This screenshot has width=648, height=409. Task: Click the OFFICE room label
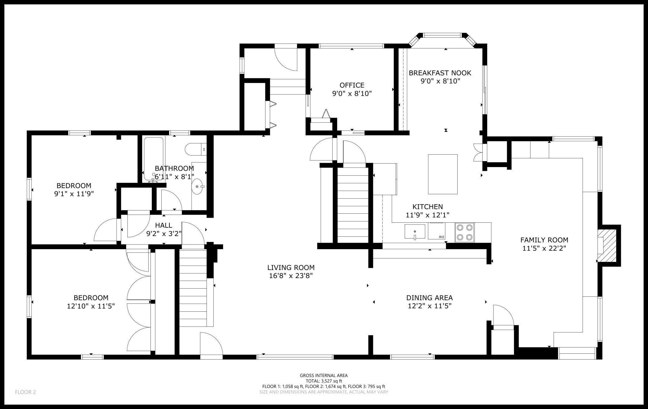pos(352,85)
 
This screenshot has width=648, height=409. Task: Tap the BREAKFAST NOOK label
pos(440,73)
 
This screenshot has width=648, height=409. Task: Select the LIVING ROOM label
pos(291,267)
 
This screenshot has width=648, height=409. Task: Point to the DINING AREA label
pos(430,298)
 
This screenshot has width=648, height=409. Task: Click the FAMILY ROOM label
pos(544,240)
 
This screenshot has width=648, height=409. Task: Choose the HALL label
pos(164,225)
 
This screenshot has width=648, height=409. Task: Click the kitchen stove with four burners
pos(465,232)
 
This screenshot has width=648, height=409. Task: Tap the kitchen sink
pos(415,232)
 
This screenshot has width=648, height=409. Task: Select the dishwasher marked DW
pos(437,231)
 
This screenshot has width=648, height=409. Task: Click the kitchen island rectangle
pos(443,174)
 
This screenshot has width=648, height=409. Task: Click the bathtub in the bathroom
pos(154,159)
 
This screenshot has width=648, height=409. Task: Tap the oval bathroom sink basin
pos(197,186)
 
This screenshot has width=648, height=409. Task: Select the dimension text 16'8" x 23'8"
pos(291,276)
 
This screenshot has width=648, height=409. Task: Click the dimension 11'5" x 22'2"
pos(544,248)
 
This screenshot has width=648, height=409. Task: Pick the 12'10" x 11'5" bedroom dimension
pos(91,306)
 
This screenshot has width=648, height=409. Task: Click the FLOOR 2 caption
pos(26,392)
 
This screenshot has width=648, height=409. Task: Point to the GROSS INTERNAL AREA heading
pos(324,375)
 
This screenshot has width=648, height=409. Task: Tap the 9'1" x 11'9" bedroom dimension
pos(74,194)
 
